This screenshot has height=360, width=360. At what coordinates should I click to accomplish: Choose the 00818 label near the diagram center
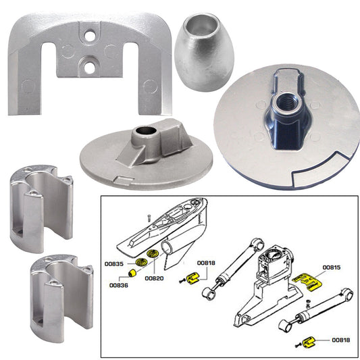pyautogui.click(x=207, y=263)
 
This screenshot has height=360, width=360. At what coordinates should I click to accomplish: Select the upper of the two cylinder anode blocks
pyautogui.click(x=42, y=210)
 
